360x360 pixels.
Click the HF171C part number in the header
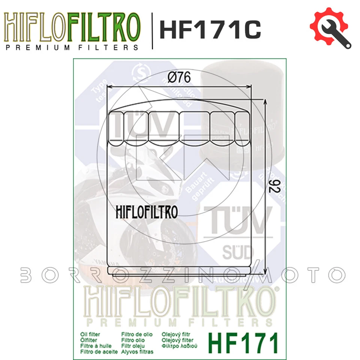[210, 29]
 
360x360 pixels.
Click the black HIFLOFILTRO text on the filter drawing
[144, 212]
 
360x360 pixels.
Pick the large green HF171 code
[244, 342]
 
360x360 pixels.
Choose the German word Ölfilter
[89, 340]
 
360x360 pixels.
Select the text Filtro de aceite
[99, 352]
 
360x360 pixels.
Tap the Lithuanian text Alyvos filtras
[138, 352]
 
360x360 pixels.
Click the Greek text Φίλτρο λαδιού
[179, 346]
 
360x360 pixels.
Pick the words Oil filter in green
[90, 334]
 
